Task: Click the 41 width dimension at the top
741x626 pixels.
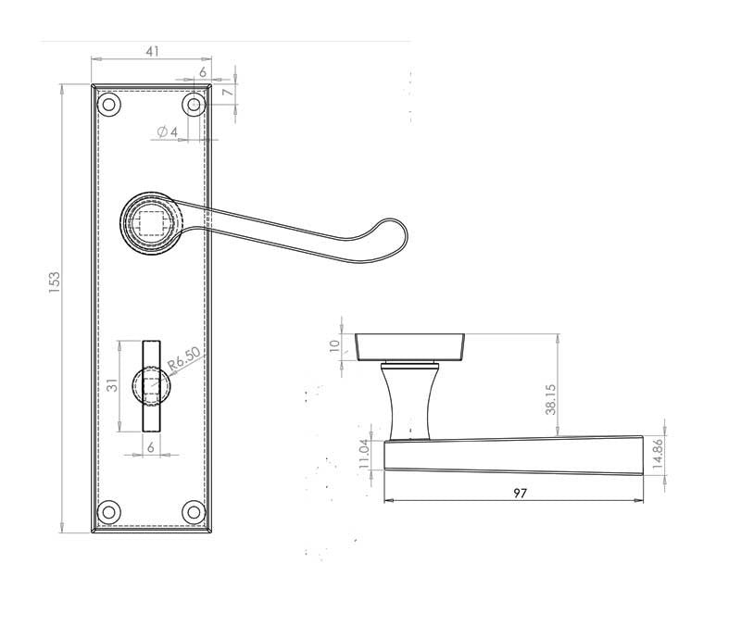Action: (152, 52)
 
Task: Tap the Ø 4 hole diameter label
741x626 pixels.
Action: (168, 132)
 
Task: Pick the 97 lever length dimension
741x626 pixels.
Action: (520, 493)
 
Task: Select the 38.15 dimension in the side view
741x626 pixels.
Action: (549, 398)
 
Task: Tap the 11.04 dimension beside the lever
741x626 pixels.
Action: (364, 455)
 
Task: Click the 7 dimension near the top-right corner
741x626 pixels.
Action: (225, 92)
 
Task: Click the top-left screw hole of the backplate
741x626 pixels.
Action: (109, 105)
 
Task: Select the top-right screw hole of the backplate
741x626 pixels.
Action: (193, 105)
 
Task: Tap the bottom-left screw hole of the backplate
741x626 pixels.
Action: (109, 511)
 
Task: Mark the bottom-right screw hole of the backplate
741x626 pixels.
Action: (193, 511)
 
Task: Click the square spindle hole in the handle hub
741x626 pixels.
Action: (151, 222)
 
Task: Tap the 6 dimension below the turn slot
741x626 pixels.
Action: (151, 445)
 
